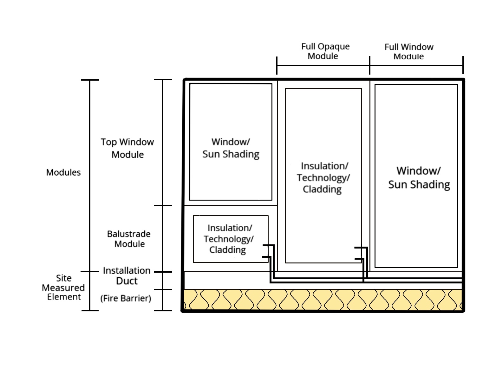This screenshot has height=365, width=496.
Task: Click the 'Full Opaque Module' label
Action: click(325, 51)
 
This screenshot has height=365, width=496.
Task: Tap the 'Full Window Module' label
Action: click(409, 52)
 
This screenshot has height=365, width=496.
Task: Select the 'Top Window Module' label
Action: click(127, 148)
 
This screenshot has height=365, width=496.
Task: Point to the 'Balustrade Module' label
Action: click(129, 239)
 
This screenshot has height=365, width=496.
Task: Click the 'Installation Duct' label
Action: click(127, 276)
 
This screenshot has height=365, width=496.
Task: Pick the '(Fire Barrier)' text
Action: click(126, 298)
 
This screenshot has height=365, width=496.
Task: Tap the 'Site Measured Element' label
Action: click(63, 288)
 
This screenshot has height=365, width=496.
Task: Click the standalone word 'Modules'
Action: click(63, 172)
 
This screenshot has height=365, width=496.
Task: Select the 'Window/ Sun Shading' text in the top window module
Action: click(231, 148)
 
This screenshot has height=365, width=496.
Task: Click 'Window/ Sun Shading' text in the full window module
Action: click(419, 178)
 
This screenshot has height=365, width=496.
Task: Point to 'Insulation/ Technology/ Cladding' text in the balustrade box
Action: click(229, 239)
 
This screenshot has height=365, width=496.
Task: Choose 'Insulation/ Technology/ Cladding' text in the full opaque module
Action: click(323, 177)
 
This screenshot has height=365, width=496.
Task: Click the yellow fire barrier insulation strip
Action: click(323, 300)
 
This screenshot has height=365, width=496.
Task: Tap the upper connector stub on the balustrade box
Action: click(268, 245)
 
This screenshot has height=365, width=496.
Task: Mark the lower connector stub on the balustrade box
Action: click(267, 257)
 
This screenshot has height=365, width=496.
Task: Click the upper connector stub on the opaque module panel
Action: click(361, 247)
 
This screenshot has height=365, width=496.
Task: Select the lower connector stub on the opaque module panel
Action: click(359, 258)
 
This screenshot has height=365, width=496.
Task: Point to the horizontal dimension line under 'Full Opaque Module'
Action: click(323, 65)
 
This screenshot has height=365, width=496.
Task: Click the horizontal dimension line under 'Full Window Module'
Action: click(416, 65)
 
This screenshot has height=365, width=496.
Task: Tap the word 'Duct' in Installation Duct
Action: click(127, 281)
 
